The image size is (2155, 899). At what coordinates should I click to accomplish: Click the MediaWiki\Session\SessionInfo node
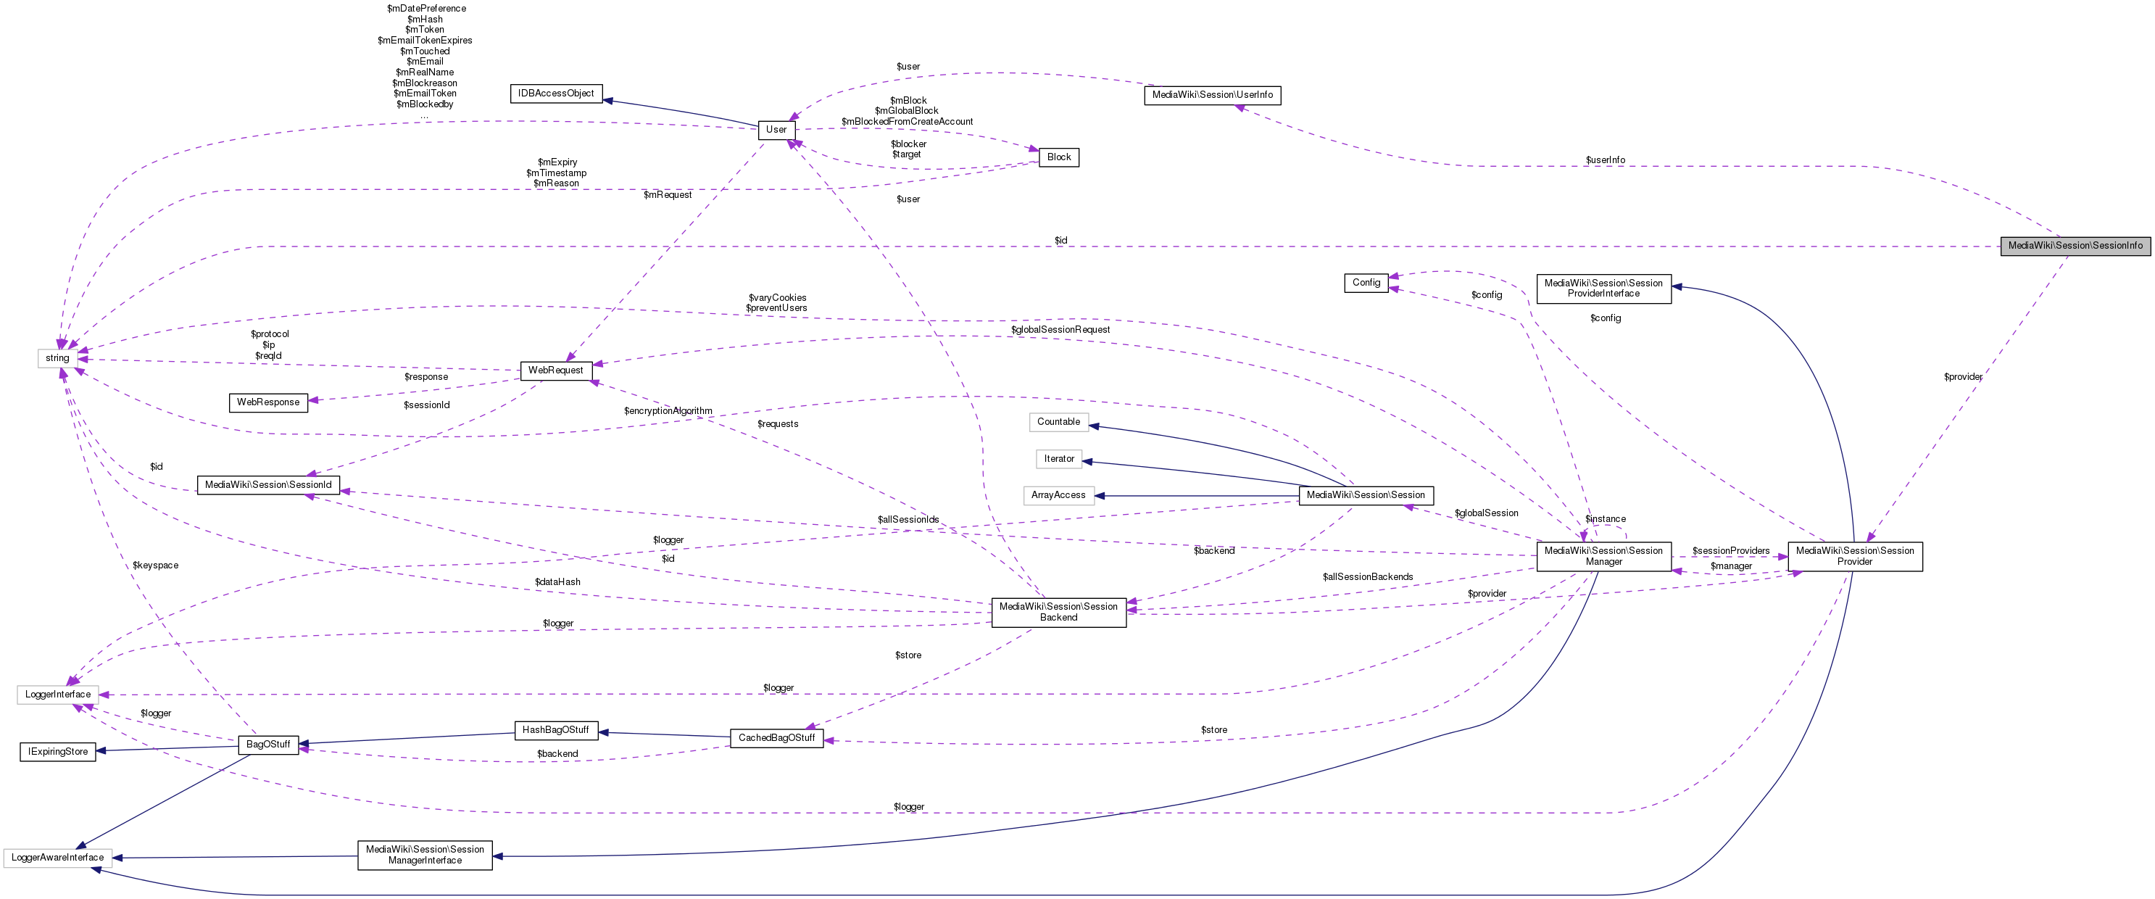(x=2075, y=246)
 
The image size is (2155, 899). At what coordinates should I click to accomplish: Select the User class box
(x=776, y=130)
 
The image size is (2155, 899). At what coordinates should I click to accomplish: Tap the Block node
(x=1058, y=157)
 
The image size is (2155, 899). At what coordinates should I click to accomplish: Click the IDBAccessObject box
(x=555, y=94)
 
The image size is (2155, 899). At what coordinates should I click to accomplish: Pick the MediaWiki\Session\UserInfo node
(x=1211, y=96)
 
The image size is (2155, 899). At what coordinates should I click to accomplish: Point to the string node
(x=58, y=358)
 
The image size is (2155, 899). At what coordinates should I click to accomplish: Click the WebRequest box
(x=555, y=370)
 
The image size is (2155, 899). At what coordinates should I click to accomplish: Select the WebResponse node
(x=267, y=402)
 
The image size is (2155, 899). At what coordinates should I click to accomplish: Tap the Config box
(x=1366, y=283)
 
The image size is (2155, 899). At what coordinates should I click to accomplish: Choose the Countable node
(x=1058, y=422)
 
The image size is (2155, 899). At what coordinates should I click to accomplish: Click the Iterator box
(x=1058, y=459)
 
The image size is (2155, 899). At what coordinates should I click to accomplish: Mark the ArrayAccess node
(x=1058, y=496)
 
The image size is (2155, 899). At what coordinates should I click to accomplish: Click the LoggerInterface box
(x=58, y=695)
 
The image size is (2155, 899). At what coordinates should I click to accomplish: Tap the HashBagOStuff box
(x=555, y=730)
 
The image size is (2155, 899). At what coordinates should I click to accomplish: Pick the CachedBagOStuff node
(x=776, y=738)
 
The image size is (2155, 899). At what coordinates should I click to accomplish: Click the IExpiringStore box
(x=58, y=752)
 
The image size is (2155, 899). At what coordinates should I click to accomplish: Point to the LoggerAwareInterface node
(x=58, y=858)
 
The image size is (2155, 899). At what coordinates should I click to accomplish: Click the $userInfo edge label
(x=1605, y=160)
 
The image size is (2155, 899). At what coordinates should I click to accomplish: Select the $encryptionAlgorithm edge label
(x=668, y=411)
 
